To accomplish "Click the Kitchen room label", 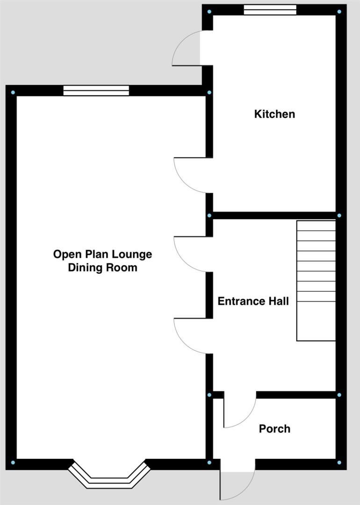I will click(x=274, y=114).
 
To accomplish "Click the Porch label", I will click(x=274, y=428).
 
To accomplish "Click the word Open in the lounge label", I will click(x=64, y=254).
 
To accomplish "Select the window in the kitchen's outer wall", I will click(x=270, y=10).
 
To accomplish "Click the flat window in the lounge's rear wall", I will click(x=96, y=90).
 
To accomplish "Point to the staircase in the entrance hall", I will click(x=316, y=281).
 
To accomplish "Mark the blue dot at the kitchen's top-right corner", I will click(x=339, y=12).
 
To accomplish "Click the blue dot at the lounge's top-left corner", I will click(x=13, y=93).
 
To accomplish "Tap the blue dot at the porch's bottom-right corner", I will click(x=339, y=462).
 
